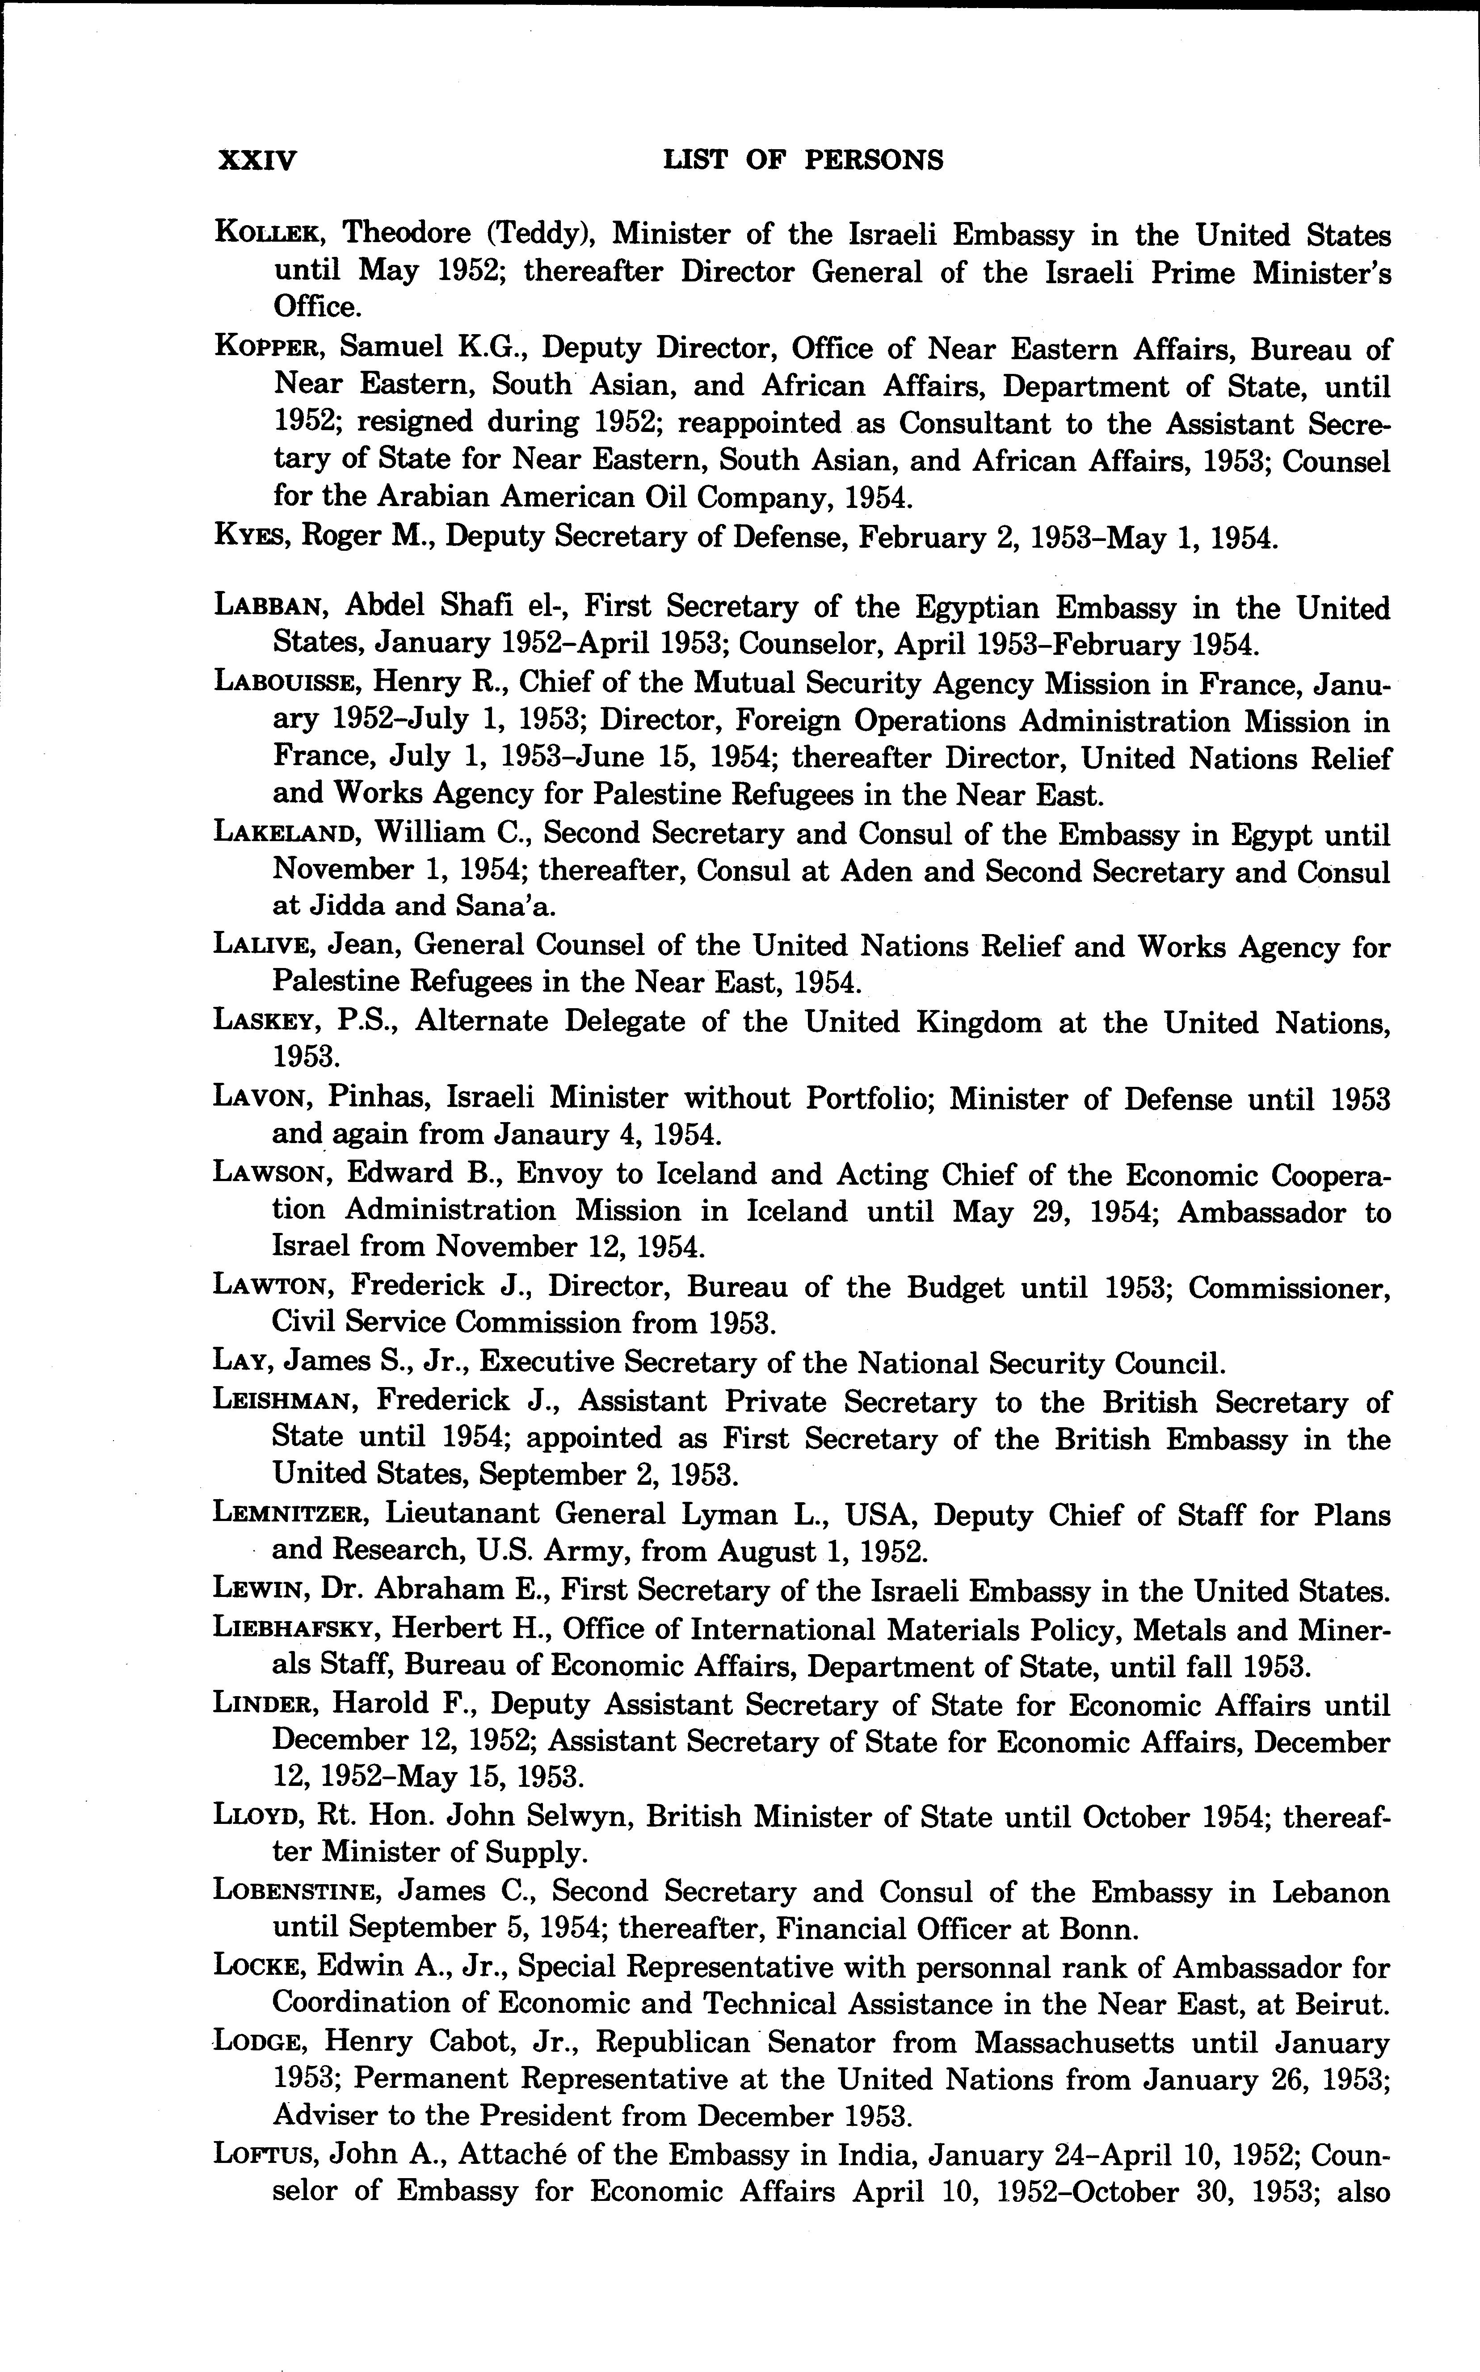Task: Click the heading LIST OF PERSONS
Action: [x=803, y=159]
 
